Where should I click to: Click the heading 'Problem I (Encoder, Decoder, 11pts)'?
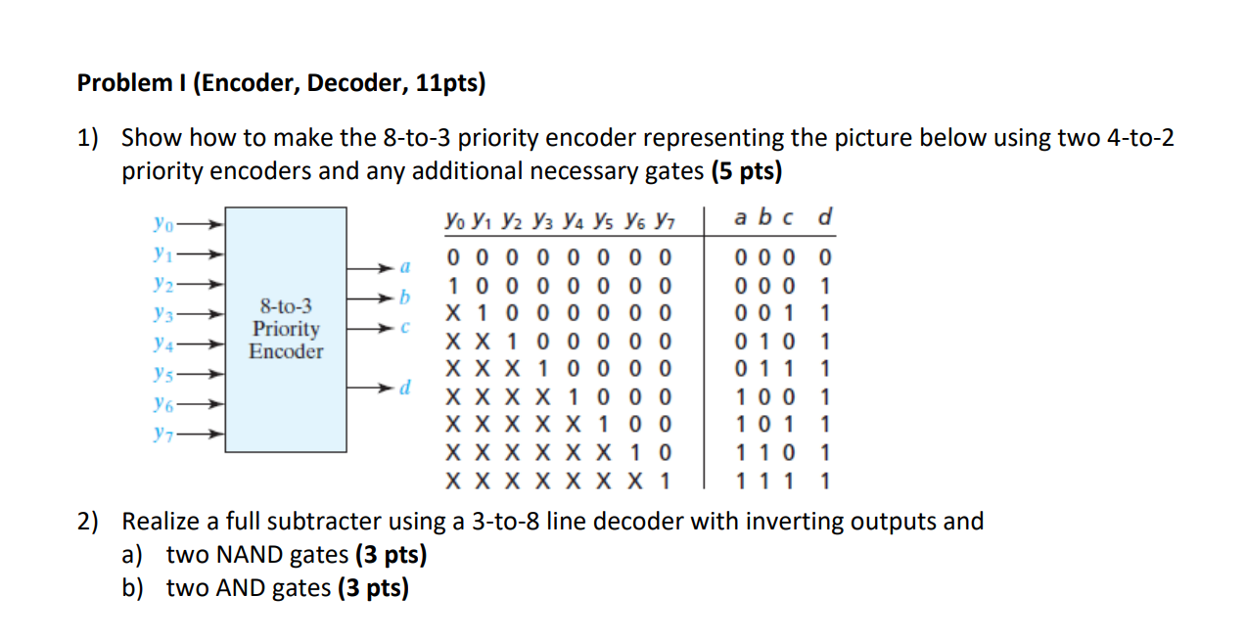tap(281, 83)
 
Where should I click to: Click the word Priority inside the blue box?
tap(286, 329)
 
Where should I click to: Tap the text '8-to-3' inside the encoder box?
tap(286, 307)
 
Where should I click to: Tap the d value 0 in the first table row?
tap(825, 259)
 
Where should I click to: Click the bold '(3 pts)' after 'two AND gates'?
tap(373, 587)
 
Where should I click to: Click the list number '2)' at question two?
tap(89, 522)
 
